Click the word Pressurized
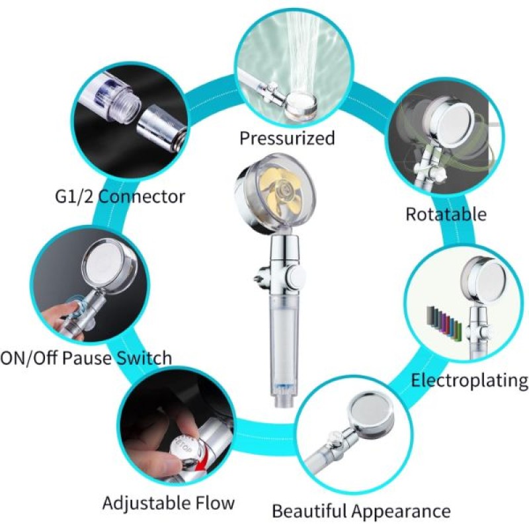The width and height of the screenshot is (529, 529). tap(287, 139)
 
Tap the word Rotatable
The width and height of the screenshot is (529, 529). tap(446, 214)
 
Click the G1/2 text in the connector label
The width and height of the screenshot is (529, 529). tap(74, 196)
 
